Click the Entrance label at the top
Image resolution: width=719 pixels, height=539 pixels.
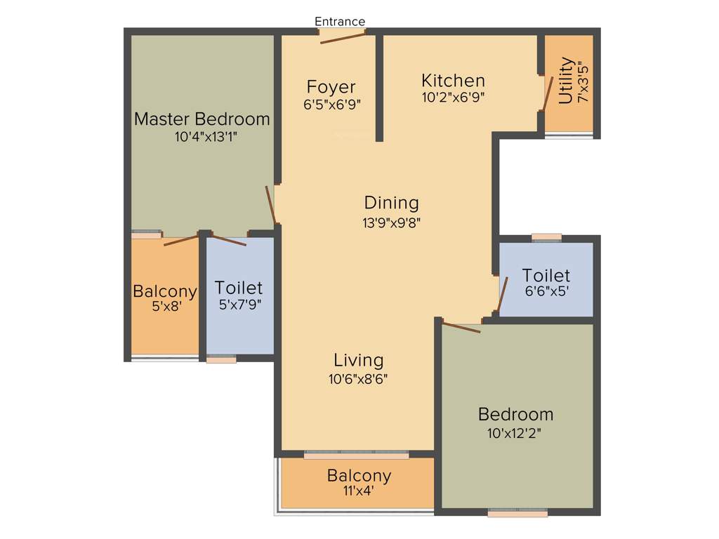coord(340,22)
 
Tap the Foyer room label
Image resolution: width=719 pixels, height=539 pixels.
coord(331,87)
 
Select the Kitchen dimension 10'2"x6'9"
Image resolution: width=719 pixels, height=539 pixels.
coord(453,98)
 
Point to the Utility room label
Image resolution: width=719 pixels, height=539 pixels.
coord(566,80)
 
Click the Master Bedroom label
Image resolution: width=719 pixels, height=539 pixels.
coord(202,119)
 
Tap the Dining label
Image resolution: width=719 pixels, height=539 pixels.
coord(391,203)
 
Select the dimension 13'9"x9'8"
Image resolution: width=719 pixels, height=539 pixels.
coord(391,222)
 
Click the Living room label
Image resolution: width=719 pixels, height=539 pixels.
coord(358,360)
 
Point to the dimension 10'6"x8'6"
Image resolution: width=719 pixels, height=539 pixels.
coord(358,379)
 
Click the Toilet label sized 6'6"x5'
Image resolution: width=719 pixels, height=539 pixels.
coord(546,275)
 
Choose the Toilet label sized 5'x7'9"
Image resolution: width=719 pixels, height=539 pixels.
coord(239,287)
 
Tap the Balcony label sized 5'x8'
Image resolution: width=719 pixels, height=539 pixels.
coord(165,291)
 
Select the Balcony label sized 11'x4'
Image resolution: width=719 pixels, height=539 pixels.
coord(359,476)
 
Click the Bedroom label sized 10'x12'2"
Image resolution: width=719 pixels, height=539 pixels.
coord(515,413)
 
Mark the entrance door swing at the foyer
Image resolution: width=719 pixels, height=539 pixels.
coord(343,36)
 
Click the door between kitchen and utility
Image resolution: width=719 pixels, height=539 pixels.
coord(547,93)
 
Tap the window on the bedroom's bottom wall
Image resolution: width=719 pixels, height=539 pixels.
coord(517,513)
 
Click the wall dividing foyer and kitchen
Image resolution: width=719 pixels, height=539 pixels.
coord(378,88)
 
